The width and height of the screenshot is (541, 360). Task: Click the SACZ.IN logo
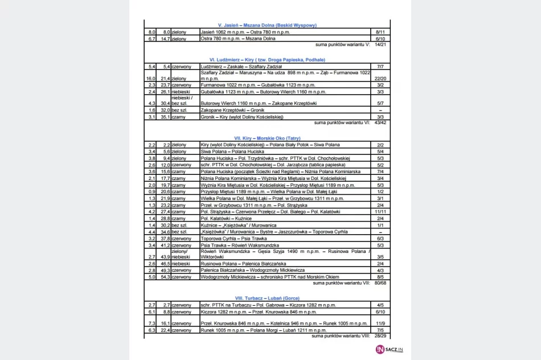(389, 350)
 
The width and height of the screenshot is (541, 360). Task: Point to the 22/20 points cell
(380, 78)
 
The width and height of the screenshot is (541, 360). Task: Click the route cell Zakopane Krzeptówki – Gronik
(233, 110)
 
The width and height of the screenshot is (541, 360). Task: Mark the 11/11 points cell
(380, 211)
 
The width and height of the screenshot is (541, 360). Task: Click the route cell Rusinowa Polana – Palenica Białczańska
(249, 264)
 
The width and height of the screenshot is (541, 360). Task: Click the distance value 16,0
(151, 78)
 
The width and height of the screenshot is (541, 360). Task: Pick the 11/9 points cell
(380, 322)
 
